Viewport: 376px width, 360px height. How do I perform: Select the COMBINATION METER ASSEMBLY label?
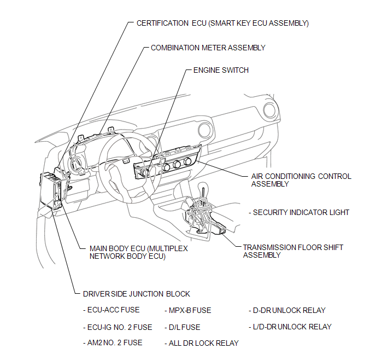click(x=208, y=48)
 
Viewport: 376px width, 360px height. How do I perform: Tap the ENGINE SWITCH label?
click(x=221, y=70)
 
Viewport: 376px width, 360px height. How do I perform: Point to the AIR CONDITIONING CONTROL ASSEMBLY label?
click(x=301, y=180)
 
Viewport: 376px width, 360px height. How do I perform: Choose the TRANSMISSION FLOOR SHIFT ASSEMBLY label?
click(x=293, y=251)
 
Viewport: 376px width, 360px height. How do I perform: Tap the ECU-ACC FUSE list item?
click(x=111, y=310)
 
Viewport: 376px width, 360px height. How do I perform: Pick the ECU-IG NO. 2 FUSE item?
click(x=117, y=327)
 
